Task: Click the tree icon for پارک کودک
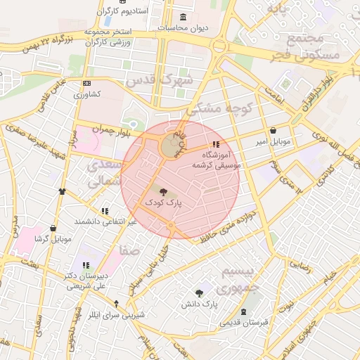164,191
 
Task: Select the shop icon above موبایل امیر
273,131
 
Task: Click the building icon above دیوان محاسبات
184,16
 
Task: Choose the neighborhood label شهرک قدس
158,79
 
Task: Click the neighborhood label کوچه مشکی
214,108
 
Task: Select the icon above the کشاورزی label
86,82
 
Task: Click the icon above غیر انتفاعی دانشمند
105,210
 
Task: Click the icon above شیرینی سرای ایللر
117,304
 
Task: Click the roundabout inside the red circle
171,146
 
